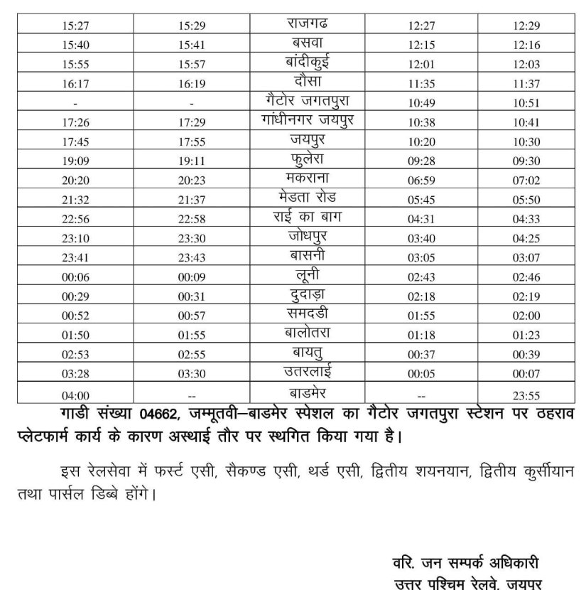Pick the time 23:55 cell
(526, 395)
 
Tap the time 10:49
(422, 103)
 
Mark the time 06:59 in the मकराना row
(422, 181)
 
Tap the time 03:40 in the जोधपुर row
(422, 239)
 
